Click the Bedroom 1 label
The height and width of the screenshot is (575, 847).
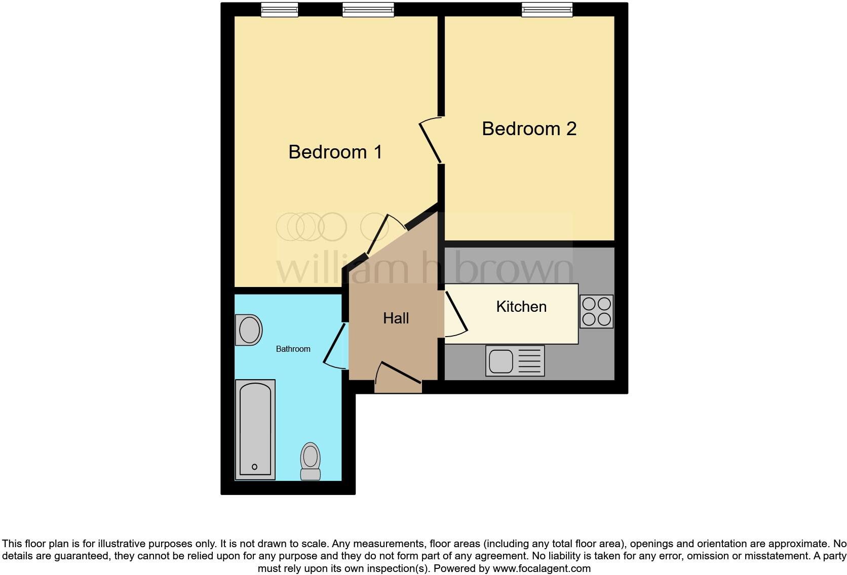click(335, 152)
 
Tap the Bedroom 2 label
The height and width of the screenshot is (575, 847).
click(529, 129)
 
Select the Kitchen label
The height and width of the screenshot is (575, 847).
click(521, 307)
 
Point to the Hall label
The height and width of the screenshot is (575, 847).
click(396, 318)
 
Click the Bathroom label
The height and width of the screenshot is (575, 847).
click(293, 349)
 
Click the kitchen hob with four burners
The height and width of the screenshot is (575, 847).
click(596, 311)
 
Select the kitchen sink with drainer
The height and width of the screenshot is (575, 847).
click(515, 361)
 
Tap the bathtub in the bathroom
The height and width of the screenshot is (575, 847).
click(255, 429)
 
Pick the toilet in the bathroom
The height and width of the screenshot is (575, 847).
click(311, 461)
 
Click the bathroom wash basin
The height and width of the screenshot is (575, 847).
click(249, 330)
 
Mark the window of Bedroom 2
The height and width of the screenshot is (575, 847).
click(547, 10)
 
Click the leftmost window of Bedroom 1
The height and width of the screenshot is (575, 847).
click(279, 10)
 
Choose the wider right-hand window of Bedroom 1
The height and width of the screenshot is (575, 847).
click(368, 10)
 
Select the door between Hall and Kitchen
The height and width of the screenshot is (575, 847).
click(456, 314)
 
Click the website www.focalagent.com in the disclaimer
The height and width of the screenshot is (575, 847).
click(542, 568)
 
